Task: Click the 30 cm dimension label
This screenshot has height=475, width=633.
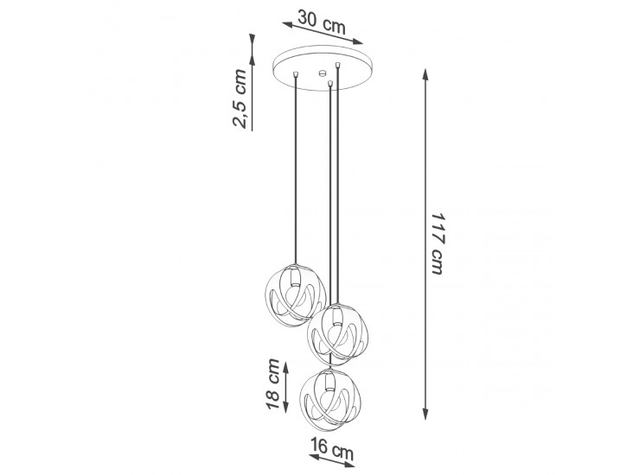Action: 322,22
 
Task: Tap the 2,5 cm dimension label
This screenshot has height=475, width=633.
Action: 239,98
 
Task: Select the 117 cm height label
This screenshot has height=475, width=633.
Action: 438,244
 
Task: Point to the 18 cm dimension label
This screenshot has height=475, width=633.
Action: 273,383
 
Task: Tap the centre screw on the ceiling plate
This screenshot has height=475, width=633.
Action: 323,73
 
